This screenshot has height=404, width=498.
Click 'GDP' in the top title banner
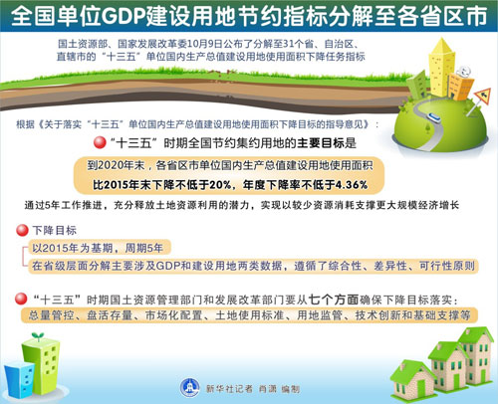[x=124, y=17]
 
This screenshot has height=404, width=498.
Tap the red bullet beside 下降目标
[x=22, y=230]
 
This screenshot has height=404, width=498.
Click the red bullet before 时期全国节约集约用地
[x=100, y=142]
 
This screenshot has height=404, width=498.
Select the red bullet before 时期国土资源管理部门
[x=21, y=299]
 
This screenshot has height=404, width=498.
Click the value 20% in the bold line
[x=220, y=185]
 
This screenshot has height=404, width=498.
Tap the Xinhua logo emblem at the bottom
[x=190, y=387]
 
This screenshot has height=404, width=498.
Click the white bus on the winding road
[x=434, y=117]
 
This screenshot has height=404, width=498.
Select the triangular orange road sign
[x=483, y=96]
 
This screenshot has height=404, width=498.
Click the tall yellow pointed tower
[x=441, y=67]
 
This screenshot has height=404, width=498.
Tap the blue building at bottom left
[x=19, y=379]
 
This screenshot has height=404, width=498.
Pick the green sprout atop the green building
[x=38, y=336]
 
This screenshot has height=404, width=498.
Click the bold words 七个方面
[x=334, y=300]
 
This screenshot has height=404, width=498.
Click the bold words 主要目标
[x=322, y=143]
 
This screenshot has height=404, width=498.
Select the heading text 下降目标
[x=55, y=230]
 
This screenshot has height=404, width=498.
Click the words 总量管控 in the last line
[x=51, y=314]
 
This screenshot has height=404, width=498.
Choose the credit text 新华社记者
[x=229, y=388]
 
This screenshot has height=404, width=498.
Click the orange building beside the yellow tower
[x=461, y=87]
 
